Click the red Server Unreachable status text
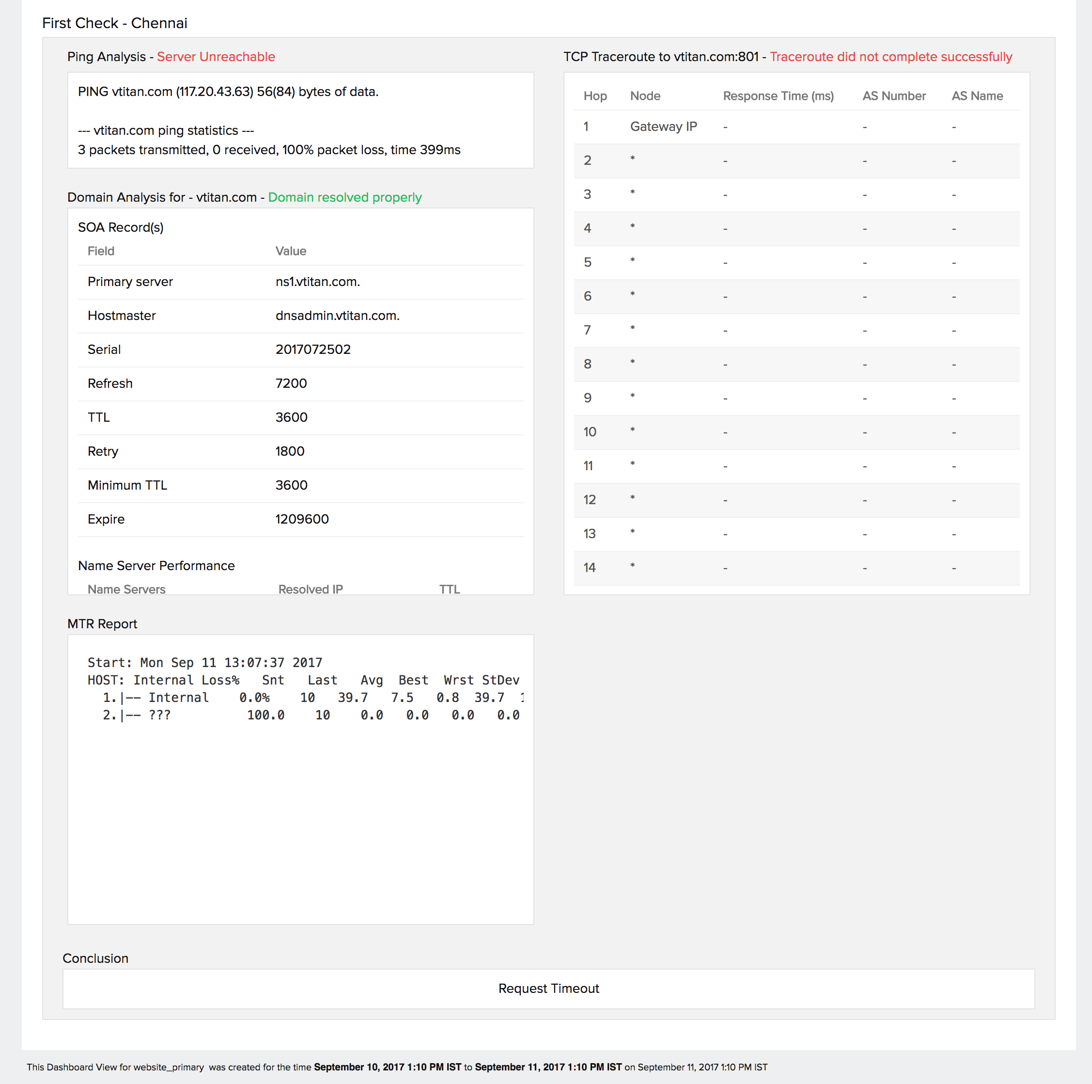click(x=216, y=57)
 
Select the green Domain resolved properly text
click(x=345, y=197)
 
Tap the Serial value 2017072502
click(x=313, y=350)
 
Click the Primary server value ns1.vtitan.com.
click(x=318, y=282)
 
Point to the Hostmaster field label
click(x=122, y=316)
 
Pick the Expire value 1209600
click(x=302, y=519)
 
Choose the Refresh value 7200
click(x=291, y=383)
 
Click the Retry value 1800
click(x=290, y=451)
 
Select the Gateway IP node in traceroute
click(x=664, y=127)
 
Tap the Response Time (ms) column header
click(x=778, y=96)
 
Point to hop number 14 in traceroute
click(x=590, y=568)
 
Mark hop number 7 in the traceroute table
click(x=587, y=330)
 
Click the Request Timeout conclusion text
click(x=548, y=988)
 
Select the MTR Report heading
click(x=102, y=624)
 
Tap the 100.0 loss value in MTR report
click(x=265, y=716)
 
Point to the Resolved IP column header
click(x=310, y=589)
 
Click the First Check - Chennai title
click(x=115, y=23)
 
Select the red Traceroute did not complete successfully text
click(x=891, y=57)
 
